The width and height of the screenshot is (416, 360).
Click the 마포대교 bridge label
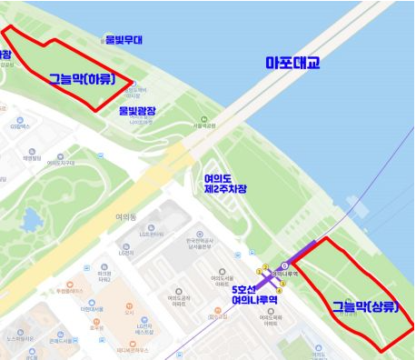point(292,64)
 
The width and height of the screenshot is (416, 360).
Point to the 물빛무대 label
point(124,40)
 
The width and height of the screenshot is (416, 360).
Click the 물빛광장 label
point(137,110)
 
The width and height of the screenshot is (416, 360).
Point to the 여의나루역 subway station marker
point(285,265)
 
